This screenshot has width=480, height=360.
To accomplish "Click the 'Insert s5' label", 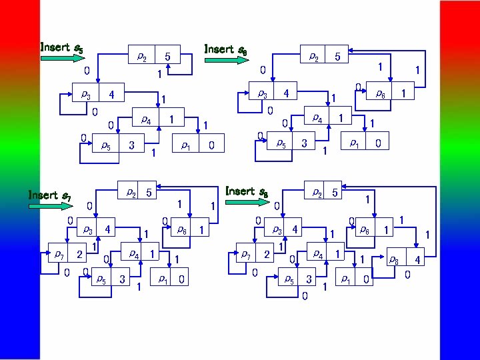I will point(62,47).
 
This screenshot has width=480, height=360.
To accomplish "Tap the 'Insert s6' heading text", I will point(226,49).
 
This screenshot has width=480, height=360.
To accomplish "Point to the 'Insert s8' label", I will point(247,191).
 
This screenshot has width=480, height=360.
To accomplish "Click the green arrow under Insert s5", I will point(62,59).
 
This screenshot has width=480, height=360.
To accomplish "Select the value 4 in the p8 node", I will point(417,259).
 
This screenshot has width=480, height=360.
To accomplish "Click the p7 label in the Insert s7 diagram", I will point(60,254).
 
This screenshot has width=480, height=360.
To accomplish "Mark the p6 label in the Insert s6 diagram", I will point(380,94).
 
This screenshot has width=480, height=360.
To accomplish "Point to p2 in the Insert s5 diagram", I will point(142,56).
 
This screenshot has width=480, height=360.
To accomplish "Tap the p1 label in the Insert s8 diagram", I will point(345,279).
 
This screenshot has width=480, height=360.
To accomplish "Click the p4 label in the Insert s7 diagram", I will point(134,254).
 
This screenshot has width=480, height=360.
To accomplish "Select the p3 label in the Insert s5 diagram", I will point(86,95).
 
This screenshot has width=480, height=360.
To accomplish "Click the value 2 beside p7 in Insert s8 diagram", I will point(267,254).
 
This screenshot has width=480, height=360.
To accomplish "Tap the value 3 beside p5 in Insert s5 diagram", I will point(131,144).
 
